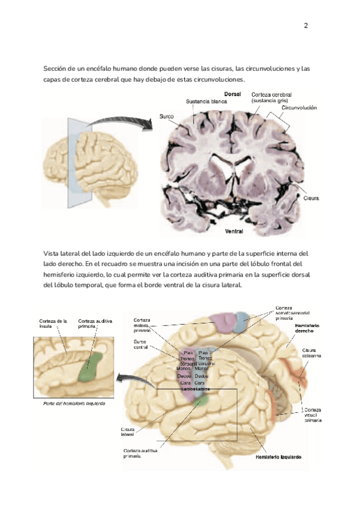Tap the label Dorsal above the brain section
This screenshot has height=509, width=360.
[233, 94]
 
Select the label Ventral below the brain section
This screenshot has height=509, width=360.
[234, 231]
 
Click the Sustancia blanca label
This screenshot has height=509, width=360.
[206, 101]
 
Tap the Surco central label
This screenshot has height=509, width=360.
[141, 344]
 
